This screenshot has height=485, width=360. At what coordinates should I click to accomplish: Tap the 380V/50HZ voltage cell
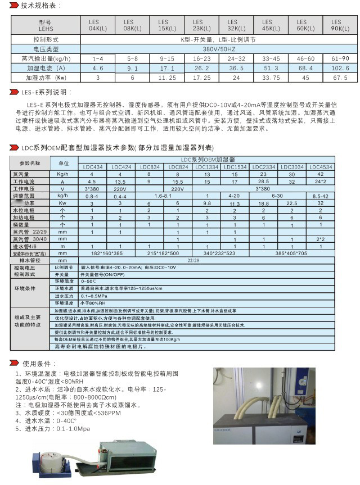tap(217, 49)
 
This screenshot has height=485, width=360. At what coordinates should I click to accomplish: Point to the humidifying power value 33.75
tap(272, 78)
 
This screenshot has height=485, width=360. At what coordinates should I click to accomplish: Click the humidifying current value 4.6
tap(97, 67)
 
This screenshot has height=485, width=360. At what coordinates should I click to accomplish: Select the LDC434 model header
tap(93, 167)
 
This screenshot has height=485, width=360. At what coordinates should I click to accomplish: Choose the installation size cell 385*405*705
tap(292, 253)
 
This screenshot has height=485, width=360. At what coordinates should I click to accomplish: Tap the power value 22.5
tap(292, 203)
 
